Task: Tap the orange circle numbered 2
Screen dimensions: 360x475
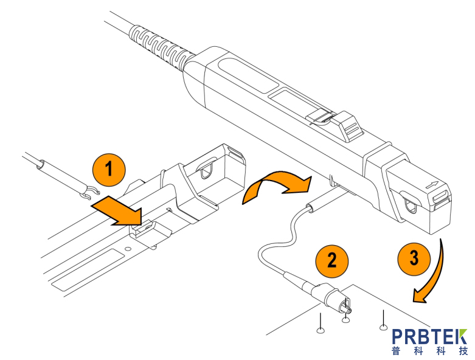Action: pos(331,260)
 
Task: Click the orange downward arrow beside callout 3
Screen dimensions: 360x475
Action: pos(432,274)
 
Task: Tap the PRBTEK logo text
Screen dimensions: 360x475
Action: pos(429,337)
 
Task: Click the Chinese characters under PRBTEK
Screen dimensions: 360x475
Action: pos(429,351)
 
